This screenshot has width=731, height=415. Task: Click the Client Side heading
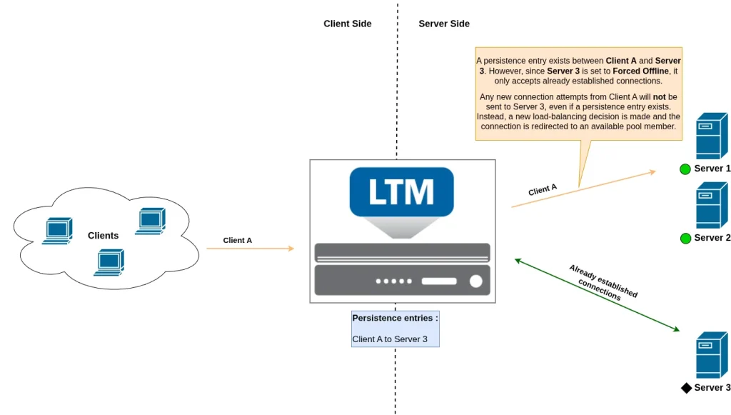(347, 24)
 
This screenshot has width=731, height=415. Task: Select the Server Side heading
(444, 24)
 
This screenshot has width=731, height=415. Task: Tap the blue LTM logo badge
(401, 191)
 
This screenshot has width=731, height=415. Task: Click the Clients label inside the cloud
(104, 236)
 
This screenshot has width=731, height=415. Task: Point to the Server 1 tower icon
(711, 136)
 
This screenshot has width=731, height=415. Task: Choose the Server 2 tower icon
(711, 205)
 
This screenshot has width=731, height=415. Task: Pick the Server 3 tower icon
(711, 354)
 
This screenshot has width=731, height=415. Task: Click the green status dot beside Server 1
(685, 169)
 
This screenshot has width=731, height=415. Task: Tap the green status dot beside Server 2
(685, 238)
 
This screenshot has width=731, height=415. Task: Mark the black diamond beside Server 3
(686, 388)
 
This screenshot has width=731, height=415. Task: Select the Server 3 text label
(712, 388)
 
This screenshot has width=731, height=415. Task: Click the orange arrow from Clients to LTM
(250, 249)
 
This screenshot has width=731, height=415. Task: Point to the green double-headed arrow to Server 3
(597, 295)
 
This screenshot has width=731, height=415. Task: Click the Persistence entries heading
(395, 318)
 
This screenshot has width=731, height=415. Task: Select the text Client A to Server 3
(390, 339)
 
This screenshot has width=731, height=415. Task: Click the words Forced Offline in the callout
(640, 71)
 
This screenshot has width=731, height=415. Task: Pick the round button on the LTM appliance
(475, 281)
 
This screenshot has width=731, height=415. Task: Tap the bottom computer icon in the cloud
(109, 262)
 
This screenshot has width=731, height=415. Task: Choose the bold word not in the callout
(659, 96)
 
